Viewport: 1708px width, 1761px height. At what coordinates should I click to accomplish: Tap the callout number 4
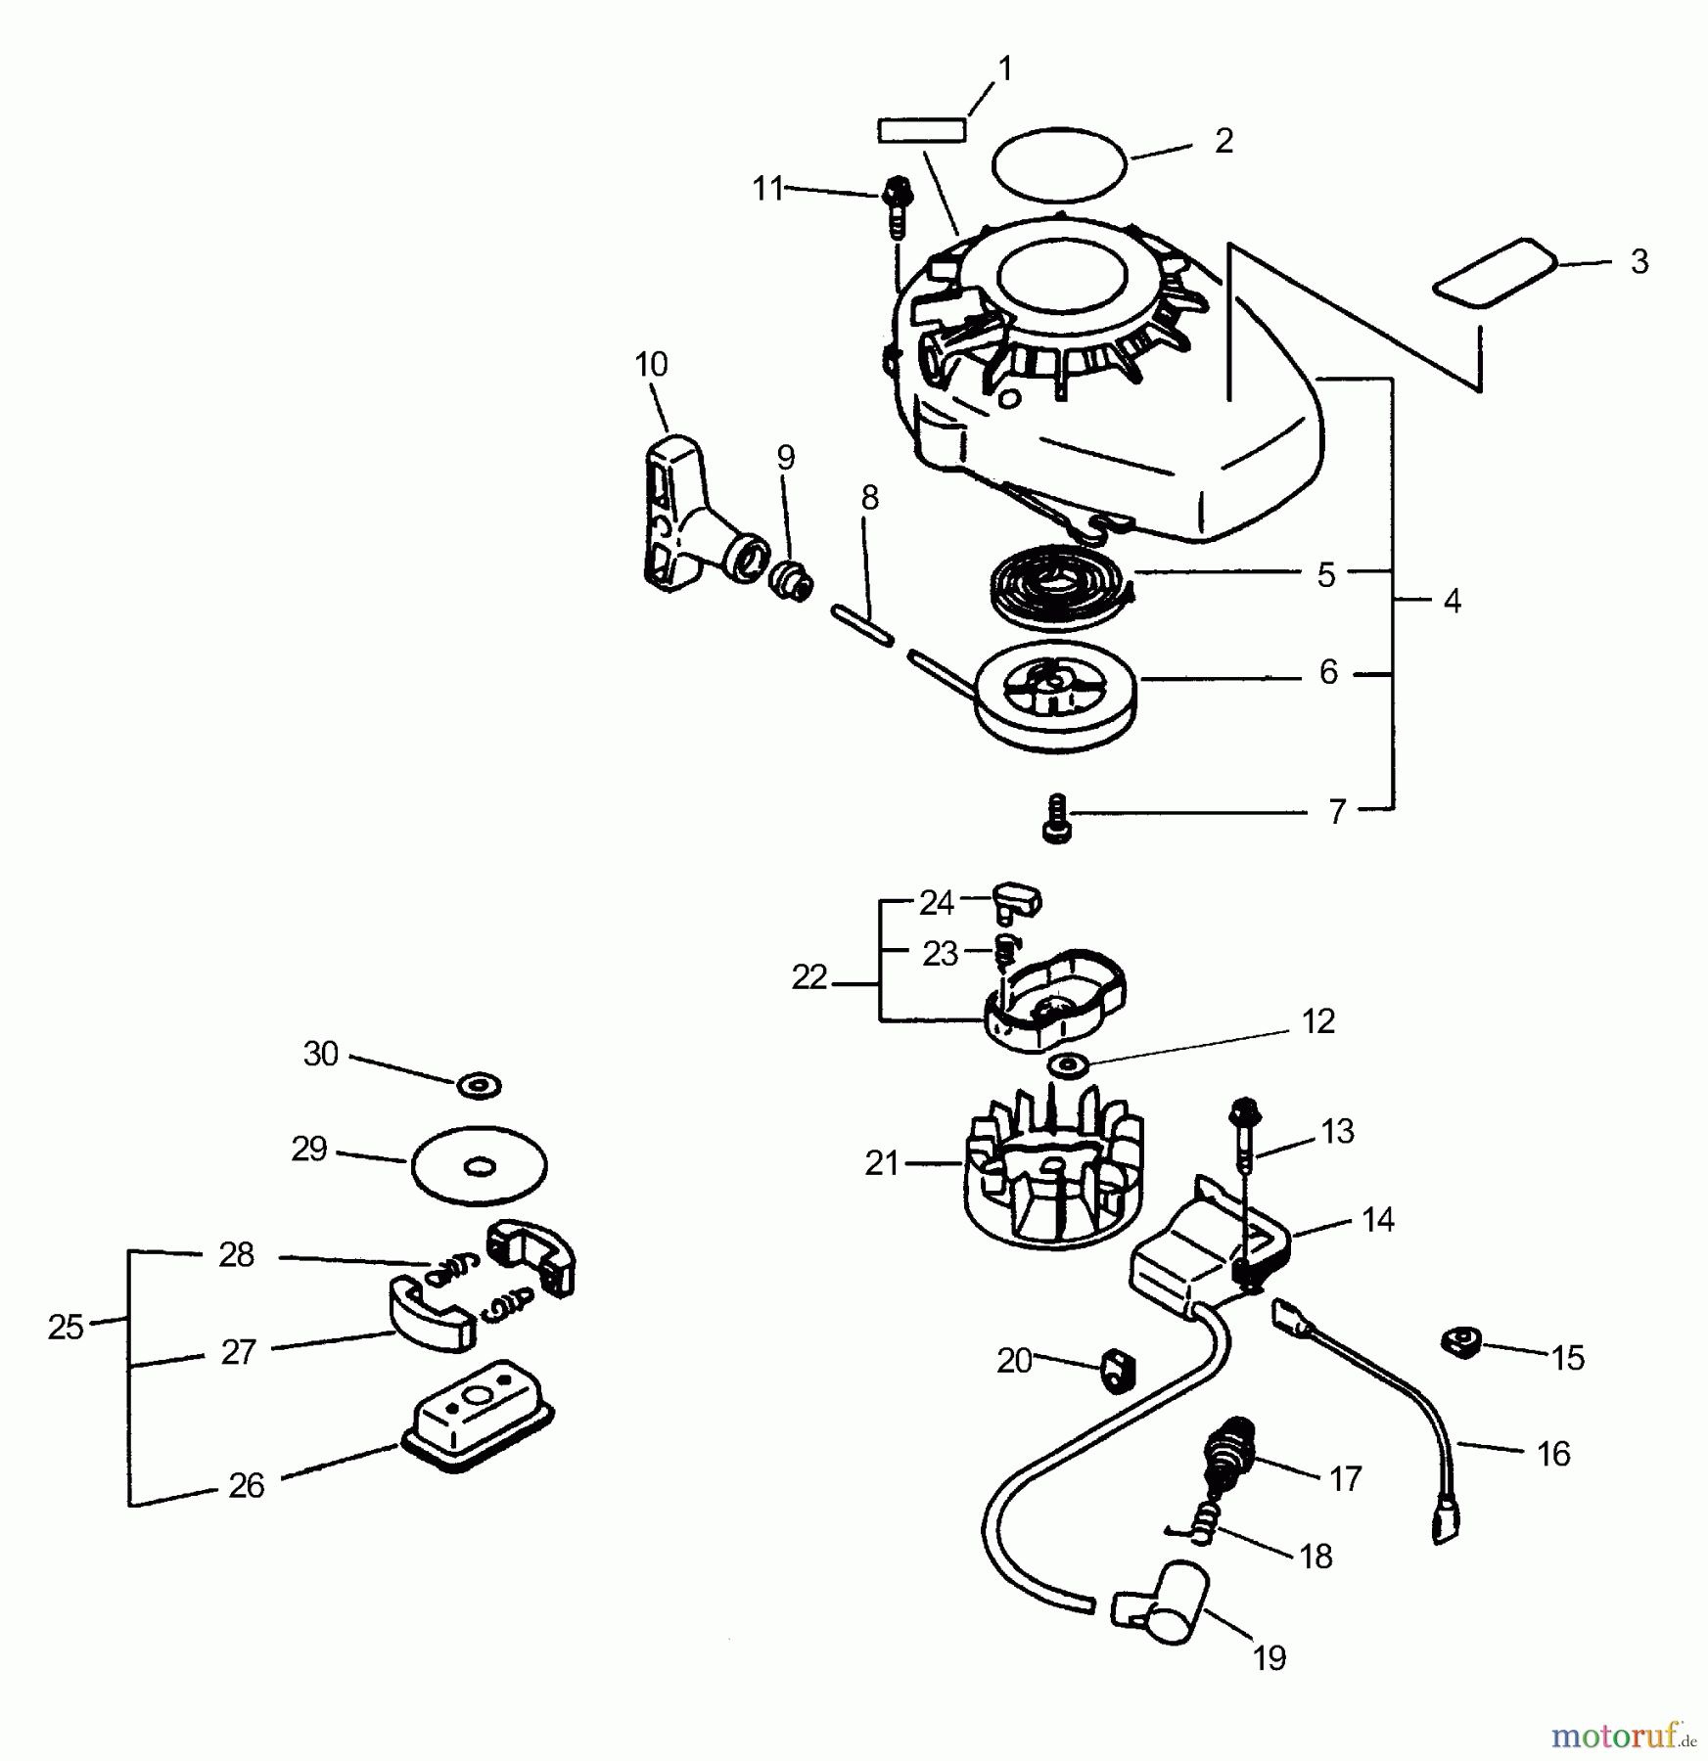coord(1452,601)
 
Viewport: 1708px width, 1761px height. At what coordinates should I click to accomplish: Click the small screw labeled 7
coord(1057,818)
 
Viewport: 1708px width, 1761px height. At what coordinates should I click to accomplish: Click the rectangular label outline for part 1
coord(921,130)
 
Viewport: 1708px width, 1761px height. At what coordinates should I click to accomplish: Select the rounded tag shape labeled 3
coord(1495,273)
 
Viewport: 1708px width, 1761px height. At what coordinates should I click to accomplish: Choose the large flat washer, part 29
coord(480,1165)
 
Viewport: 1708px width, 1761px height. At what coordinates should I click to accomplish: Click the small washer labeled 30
coord(480,1084)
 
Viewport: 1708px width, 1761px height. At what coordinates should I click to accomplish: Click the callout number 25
coord(66,1328)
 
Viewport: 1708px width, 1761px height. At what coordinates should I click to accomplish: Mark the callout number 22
coord(808,977)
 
